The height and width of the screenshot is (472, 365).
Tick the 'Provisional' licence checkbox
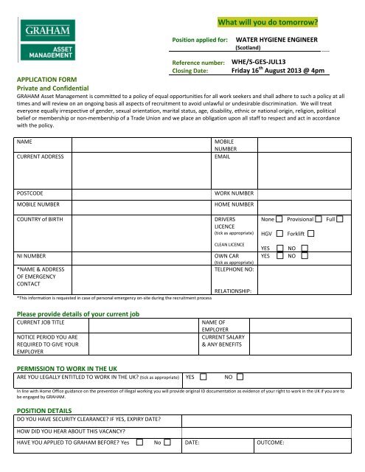click(x=318, y=220)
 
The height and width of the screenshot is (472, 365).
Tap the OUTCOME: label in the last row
click(x=275, y=442)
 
